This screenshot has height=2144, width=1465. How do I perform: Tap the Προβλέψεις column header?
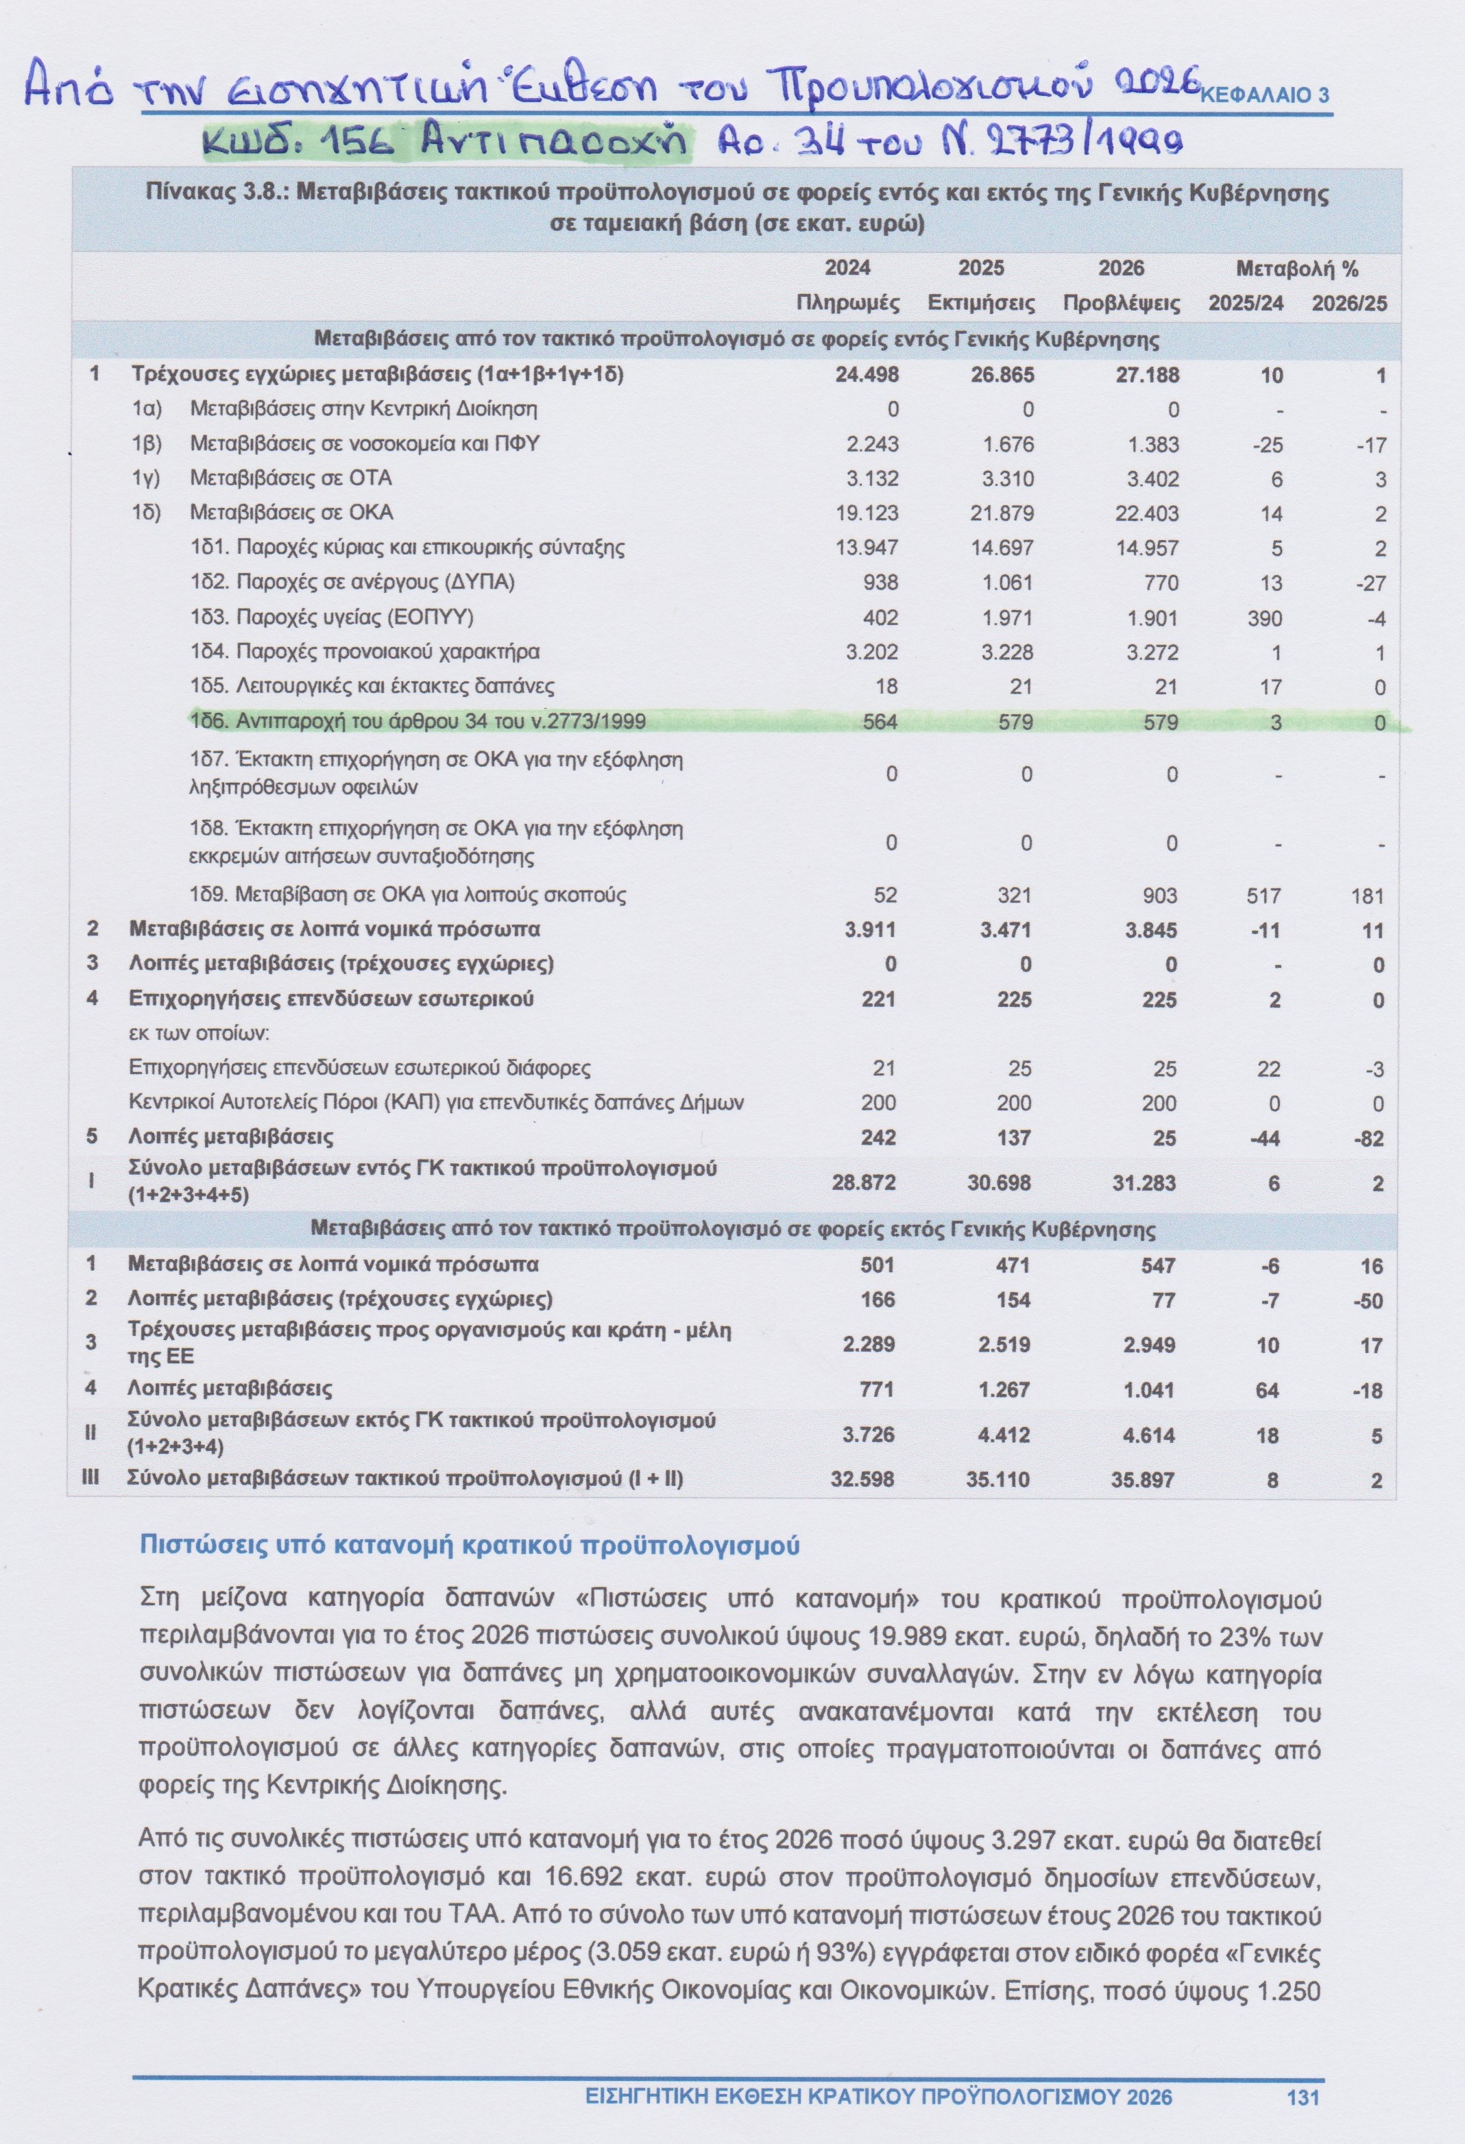tap(1121, 304)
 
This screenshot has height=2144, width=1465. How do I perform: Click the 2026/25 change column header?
tap(1348, 304)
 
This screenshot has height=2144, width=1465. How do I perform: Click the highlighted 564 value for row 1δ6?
tap(879, 722)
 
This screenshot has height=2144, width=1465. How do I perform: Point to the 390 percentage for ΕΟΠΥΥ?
tap(1265, 618)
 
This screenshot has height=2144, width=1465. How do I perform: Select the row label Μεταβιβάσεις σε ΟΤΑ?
tap(291, 478)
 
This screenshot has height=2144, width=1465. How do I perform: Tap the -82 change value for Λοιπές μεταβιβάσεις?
tap(1369, 1138)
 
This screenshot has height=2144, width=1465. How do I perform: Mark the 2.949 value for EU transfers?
tap(1148, 1344)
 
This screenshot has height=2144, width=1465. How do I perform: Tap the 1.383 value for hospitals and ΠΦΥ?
tap(1152, 443)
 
